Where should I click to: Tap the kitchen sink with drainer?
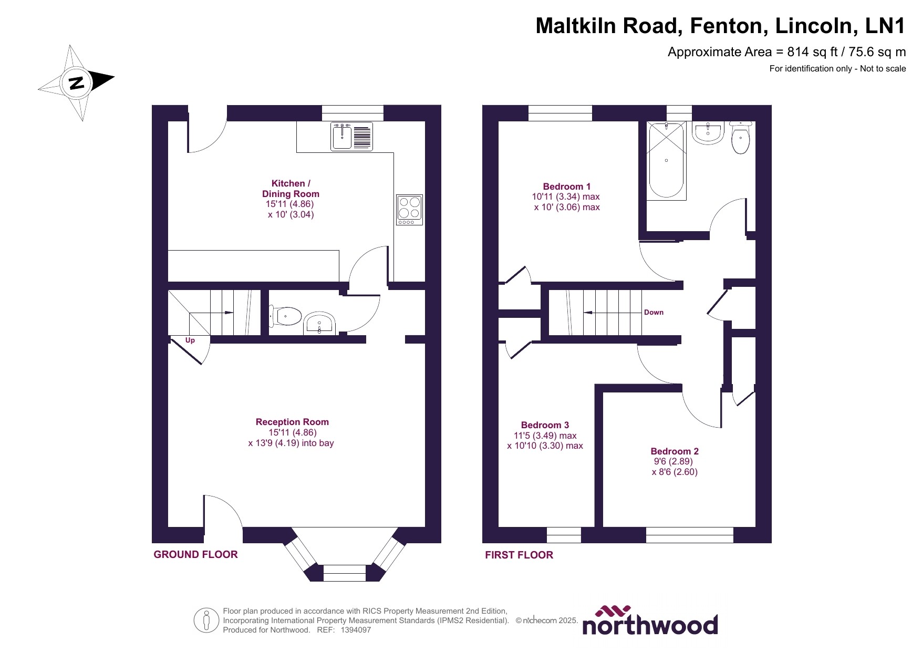click(351, 137)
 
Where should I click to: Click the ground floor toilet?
click(286, 316)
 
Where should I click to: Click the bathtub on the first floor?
click(666, 160)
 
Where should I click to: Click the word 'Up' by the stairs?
click(190, 340)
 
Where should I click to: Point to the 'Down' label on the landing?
click(654, 312)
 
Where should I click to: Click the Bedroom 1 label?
click(566, 187)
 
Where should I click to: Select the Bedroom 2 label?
click(675, 451)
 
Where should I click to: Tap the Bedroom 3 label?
click(545, 425)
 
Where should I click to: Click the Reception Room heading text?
click(292, 422)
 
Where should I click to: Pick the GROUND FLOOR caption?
click(195, 554)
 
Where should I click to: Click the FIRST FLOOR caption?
click(519, 555)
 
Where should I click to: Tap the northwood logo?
click(650, 621)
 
